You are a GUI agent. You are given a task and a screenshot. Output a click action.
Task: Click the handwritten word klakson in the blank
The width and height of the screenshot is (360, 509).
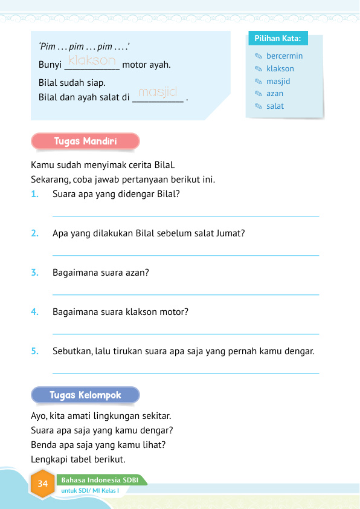91,60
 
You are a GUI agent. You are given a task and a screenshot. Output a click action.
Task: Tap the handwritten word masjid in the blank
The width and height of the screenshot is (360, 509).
157,92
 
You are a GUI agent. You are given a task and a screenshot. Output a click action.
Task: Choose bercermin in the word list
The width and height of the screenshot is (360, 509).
284,56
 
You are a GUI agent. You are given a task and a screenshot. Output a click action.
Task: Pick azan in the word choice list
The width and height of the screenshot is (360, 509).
275,94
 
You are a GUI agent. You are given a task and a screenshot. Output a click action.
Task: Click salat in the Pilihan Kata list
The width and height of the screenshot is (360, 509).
275,106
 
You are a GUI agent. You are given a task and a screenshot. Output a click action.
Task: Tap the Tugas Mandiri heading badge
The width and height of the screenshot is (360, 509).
85,141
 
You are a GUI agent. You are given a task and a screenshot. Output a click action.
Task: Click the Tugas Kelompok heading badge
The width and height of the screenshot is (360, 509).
85,395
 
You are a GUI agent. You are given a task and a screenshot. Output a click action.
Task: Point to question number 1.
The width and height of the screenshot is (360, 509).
35,194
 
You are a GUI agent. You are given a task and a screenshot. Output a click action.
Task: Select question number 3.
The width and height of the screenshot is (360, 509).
35,273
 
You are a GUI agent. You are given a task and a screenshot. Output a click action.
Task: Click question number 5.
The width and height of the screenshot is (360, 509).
35,351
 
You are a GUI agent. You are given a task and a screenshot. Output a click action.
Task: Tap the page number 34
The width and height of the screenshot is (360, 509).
43,484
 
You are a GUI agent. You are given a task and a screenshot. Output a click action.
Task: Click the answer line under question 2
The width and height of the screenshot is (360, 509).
186,255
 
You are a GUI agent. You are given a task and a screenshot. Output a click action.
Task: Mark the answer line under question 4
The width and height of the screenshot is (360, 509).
186,334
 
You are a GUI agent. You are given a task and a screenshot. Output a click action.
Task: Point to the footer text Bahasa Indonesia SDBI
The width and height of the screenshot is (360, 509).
100,480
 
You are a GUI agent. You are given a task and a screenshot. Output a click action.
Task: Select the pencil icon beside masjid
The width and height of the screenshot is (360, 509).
258,82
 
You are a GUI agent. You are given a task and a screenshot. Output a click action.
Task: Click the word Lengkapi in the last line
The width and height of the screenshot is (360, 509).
47,460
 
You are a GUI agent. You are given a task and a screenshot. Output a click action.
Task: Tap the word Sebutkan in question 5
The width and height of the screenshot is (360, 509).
71,351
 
